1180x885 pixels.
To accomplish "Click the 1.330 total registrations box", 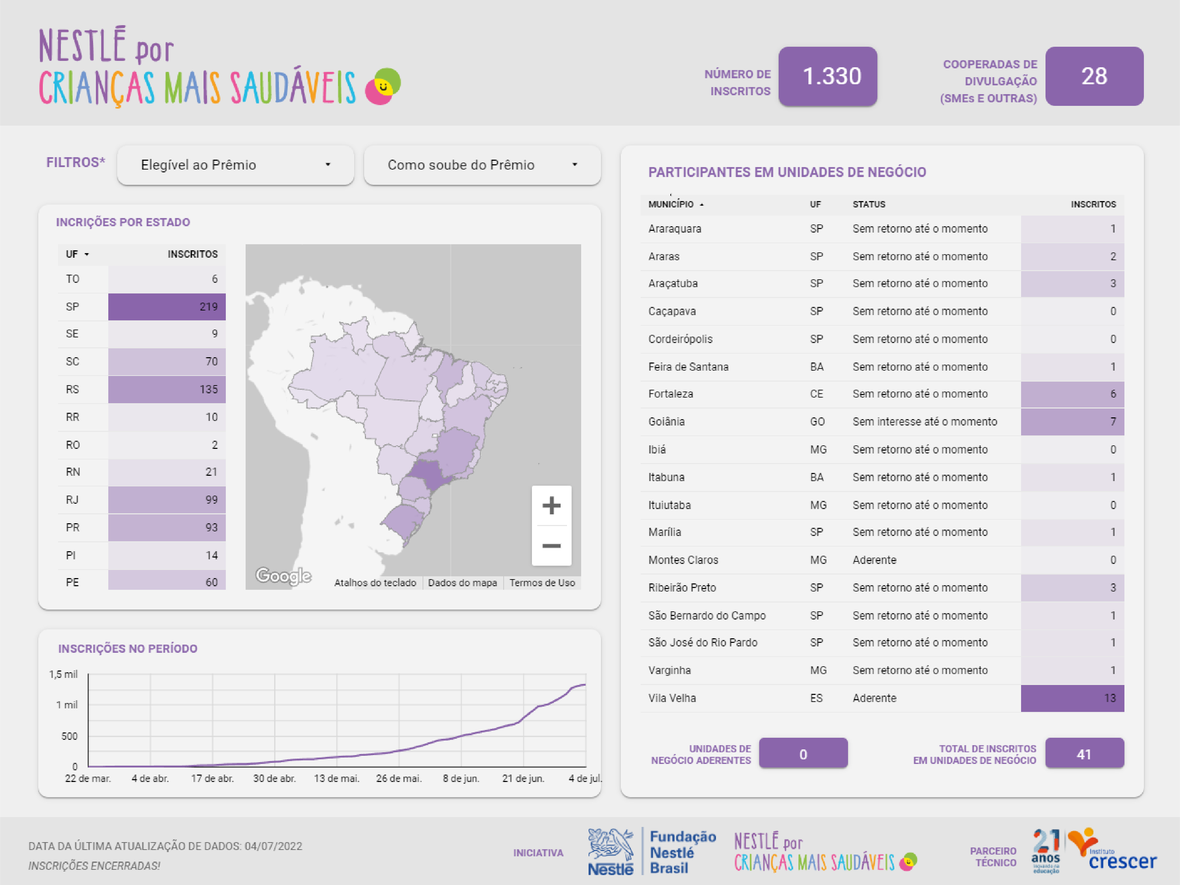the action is pos(827,76).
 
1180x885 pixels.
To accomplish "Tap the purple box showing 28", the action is pos(1094,76).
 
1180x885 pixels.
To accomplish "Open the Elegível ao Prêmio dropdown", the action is pos(235,165).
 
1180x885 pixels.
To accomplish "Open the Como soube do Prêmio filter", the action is pos(482,165).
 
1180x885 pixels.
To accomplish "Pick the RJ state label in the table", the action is pos(72,500).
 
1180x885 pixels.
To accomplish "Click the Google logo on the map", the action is pos(283,576).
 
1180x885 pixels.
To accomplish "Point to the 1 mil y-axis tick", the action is pos(67,705).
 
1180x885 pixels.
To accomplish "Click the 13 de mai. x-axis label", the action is pos(337,778).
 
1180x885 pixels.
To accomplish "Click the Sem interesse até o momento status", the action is pos(924,421).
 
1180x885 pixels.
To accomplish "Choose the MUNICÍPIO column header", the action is pos(671,204).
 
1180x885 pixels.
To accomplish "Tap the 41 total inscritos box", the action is pos(1084,753).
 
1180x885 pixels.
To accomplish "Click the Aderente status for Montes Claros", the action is pos(874,560).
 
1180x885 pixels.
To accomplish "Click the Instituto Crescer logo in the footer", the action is pos(1112,850).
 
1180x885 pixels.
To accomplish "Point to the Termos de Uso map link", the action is pos(542,583).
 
